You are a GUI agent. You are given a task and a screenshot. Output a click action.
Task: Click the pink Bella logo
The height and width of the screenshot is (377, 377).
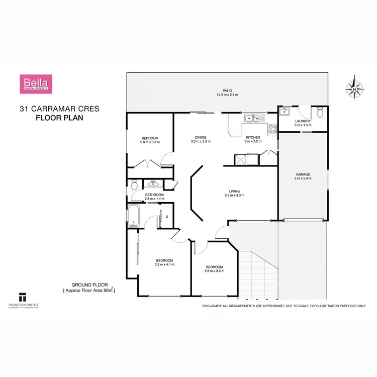click(36, 83)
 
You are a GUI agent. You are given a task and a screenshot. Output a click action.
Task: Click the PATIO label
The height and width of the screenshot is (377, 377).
click(227, 90)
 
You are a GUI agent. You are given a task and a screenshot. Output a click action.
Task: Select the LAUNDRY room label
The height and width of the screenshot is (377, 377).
click(303, 121)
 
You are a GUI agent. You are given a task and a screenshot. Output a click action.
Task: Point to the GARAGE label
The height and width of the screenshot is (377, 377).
click(303, 174)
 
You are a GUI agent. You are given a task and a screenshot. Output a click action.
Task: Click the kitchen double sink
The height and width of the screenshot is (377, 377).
click(252, 119)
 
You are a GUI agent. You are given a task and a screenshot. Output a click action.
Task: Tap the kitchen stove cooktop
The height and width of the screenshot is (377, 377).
click(273, 129)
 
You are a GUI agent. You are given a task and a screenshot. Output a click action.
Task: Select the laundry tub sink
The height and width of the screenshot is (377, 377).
click(284, 112)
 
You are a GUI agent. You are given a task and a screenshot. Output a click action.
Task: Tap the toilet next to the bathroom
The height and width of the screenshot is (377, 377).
click(134, 185)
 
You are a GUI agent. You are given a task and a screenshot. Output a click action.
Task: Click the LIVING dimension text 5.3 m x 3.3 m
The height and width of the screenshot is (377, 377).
click(234, 195)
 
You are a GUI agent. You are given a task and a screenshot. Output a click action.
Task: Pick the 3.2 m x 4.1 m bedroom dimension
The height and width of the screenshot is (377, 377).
click(164, 264)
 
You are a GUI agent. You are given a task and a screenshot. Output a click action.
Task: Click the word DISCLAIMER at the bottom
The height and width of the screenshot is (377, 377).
click(213, 306)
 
